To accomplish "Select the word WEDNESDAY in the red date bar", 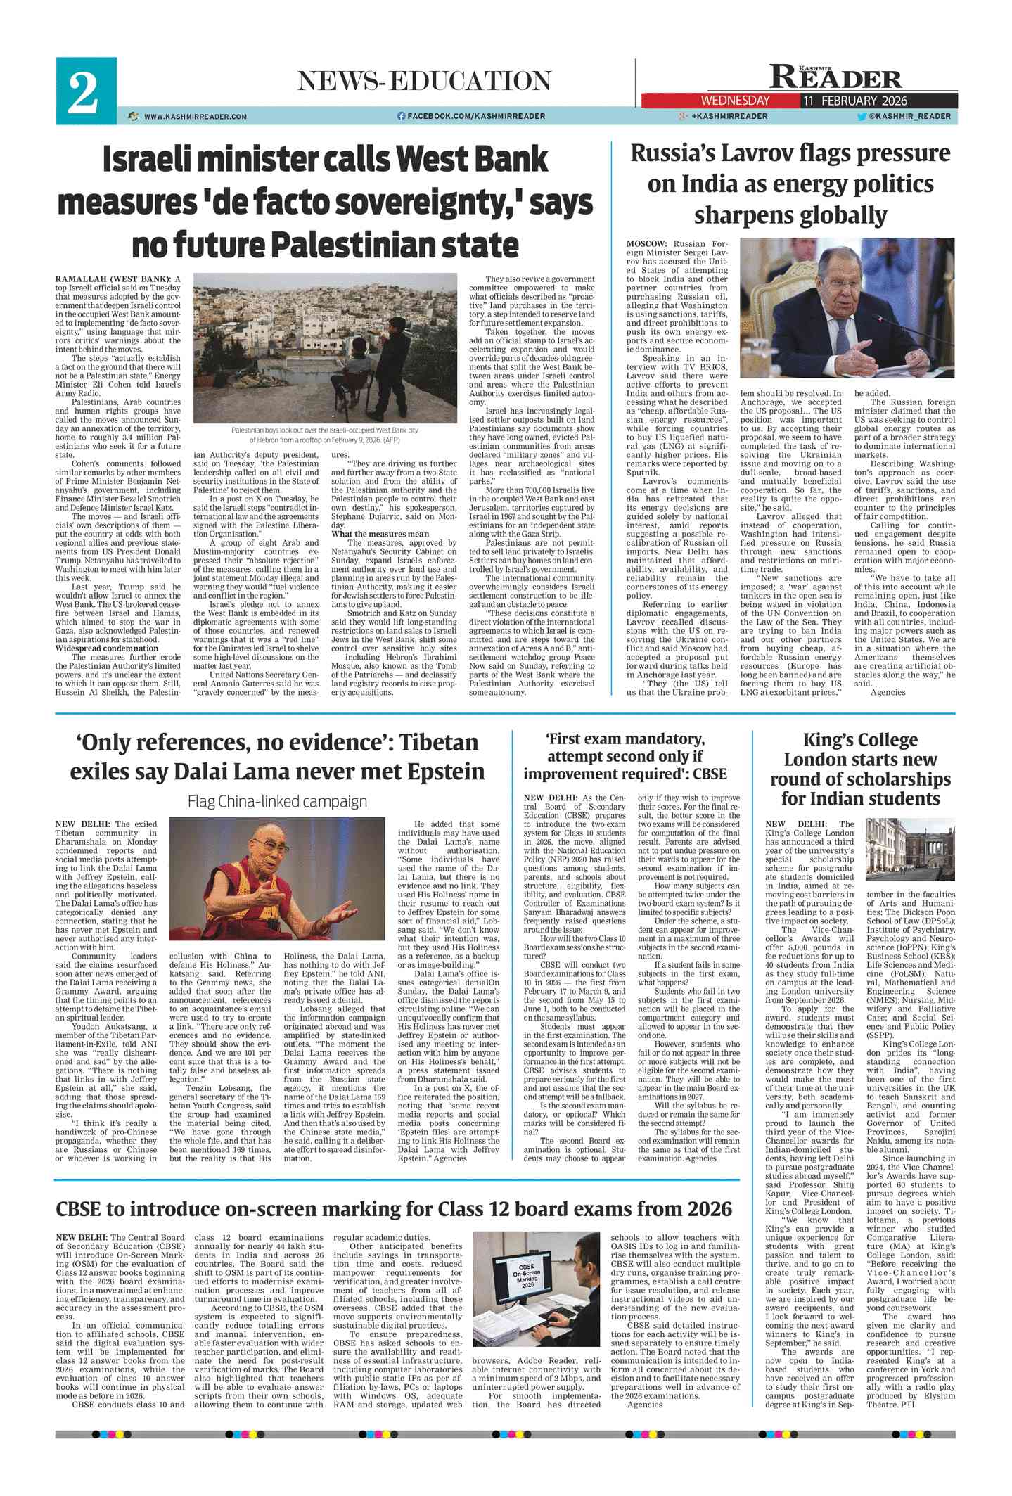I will point(735,101).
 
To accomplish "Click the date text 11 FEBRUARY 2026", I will point(855,101).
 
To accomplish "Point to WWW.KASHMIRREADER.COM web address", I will point(195,117).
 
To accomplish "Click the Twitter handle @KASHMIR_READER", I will point(909,116).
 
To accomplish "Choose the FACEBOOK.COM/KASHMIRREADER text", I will point(476,116).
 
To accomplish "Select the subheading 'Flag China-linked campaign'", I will point(277,801).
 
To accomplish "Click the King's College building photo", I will point(910,852).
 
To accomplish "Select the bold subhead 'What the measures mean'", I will point(380,534).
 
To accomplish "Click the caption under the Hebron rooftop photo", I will point(325,435).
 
